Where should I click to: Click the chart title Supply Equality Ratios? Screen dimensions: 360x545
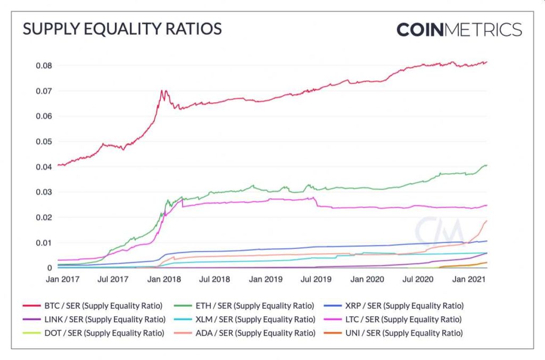[x=122, y=29]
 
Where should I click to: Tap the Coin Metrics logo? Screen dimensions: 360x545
[x=459, y=29]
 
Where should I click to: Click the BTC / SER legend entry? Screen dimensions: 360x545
[x=93, y=306]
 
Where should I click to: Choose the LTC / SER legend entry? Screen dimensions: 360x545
[x=394, y=320]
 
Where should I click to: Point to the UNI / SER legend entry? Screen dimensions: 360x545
[x=394, y=333]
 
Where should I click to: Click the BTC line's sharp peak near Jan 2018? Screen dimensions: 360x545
[x=162, y=91]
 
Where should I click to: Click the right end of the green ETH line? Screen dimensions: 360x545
[x=486, y=166]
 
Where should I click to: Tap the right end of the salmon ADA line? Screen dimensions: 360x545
[x=486, y=221]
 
